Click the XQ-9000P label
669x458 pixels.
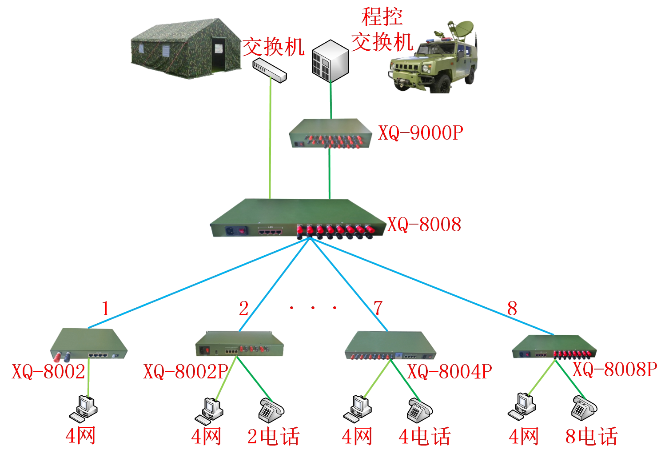coord(421,133)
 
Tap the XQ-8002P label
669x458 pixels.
coord(186,372)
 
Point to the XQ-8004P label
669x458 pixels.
coord(450,372)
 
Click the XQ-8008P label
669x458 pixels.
coord(615,369)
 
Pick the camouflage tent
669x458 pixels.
coord(186,48)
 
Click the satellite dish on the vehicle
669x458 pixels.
coord(462,28)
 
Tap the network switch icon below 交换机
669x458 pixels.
coord(269,70)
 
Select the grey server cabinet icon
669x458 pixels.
coord(331,61)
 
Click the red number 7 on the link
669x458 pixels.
coord(378,308)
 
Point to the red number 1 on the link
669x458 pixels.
coord(105,308)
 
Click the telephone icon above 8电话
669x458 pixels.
coord(584,408)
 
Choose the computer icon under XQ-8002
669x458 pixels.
coord(84,409)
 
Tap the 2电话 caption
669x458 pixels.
coord(273,436)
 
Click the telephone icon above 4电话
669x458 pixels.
coord(420,410)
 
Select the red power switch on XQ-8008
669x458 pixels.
coord(242,231)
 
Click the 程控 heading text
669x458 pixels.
coord(382,16)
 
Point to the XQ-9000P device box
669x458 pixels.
coord(331,133)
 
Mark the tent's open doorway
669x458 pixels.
coord(219,54)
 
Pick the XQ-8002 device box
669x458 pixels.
coord(89,344)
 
